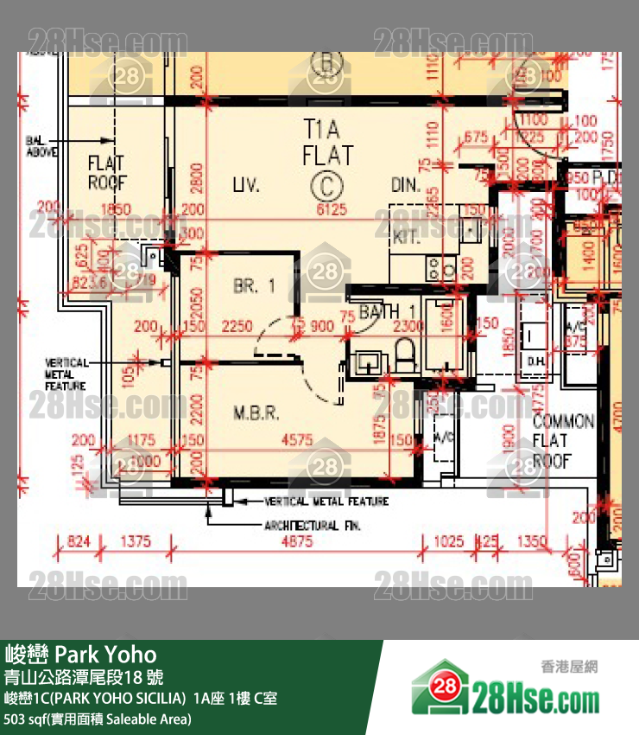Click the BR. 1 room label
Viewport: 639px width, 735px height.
254,285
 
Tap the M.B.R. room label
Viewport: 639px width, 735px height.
256,413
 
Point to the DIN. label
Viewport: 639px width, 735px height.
405,185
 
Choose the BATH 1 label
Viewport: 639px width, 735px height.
388,310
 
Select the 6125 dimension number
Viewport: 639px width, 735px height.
331,210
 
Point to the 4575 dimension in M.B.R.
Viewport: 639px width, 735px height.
297,440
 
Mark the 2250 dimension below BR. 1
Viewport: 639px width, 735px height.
237,326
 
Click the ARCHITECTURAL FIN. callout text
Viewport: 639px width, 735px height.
313,526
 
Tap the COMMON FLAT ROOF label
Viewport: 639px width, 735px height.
563,441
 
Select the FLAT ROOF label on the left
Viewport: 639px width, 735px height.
107,172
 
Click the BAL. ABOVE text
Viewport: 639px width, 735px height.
41,145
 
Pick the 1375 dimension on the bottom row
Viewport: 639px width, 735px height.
136,542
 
